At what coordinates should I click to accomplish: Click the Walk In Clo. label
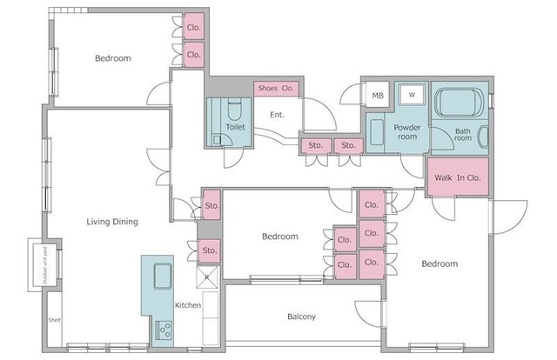pyautogui.click(x=457, y=178)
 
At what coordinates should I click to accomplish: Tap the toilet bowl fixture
pyautogui.click(x=234, y=110)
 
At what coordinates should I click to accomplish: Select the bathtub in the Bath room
pyautogui.click(x=460, y=103)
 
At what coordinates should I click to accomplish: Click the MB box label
pyautogui.click(x=378, y=96)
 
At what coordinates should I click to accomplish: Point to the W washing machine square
pyautogui.click(x=412, y=95)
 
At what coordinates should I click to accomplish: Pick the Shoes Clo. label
pyautogui.click(x=276, y=88)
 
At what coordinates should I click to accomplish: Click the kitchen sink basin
pyautogui.click(x=163, y=276)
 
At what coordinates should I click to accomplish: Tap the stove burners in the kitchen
pyautogui.click(x=164, y=330)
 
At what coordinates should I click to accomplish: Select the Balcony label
pyautogui.click(x=301, y=317)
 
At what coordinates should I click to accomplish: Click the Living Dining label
pyautogui.click(x=112, y=222)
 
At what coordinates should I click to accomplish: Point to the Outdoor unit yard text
pyautogui.click(x=45, y=265)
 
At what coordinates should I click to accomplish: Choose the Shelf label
pyautogui.click(x=54, y=320)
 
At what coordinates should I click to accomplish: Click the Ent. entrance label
pyautogui.click(x=277, y=115)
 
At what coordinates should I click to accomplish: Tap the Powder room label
pyautogui.click(x=407, y=132)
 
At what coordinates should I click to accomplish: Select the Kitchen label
pyautogui.click(x=188, y=305)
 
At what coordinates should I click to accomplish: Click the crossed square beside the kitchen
pyautogui.click(x=207, y=277)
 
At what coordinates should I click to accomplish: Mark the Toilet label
pyautogui.click(x=235, y=127)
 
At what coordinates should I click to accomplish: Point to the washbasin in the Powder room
pyautogui.click(x=377, y=132)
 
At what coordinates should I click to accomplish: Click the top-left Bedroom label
pyautogui.click(x=113, y=58)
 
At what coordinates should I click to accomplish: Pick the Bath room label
pyautogui.click(x=463, y=135)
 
